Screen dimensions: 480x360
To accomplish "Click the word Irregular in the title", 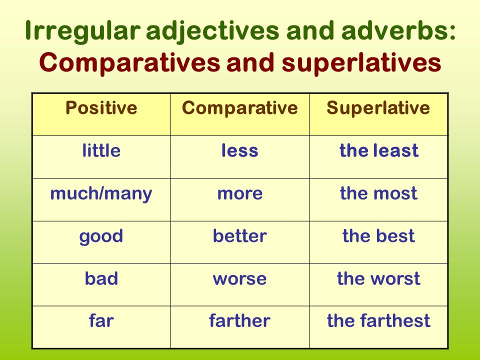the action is [x=82, y=31].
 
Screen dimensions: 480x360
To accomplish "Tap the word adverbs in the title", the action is [x=398, y=30].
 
